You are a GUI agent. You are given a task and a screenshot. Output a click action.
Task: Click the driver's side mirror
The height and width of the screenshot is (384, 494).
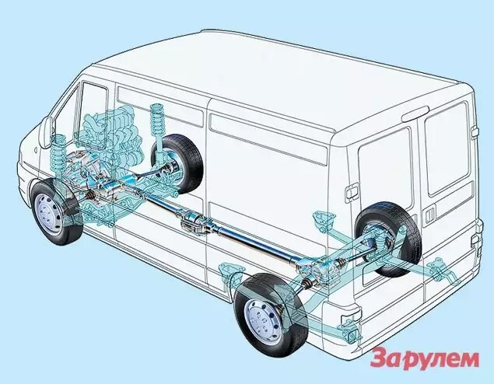[46, 132]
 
